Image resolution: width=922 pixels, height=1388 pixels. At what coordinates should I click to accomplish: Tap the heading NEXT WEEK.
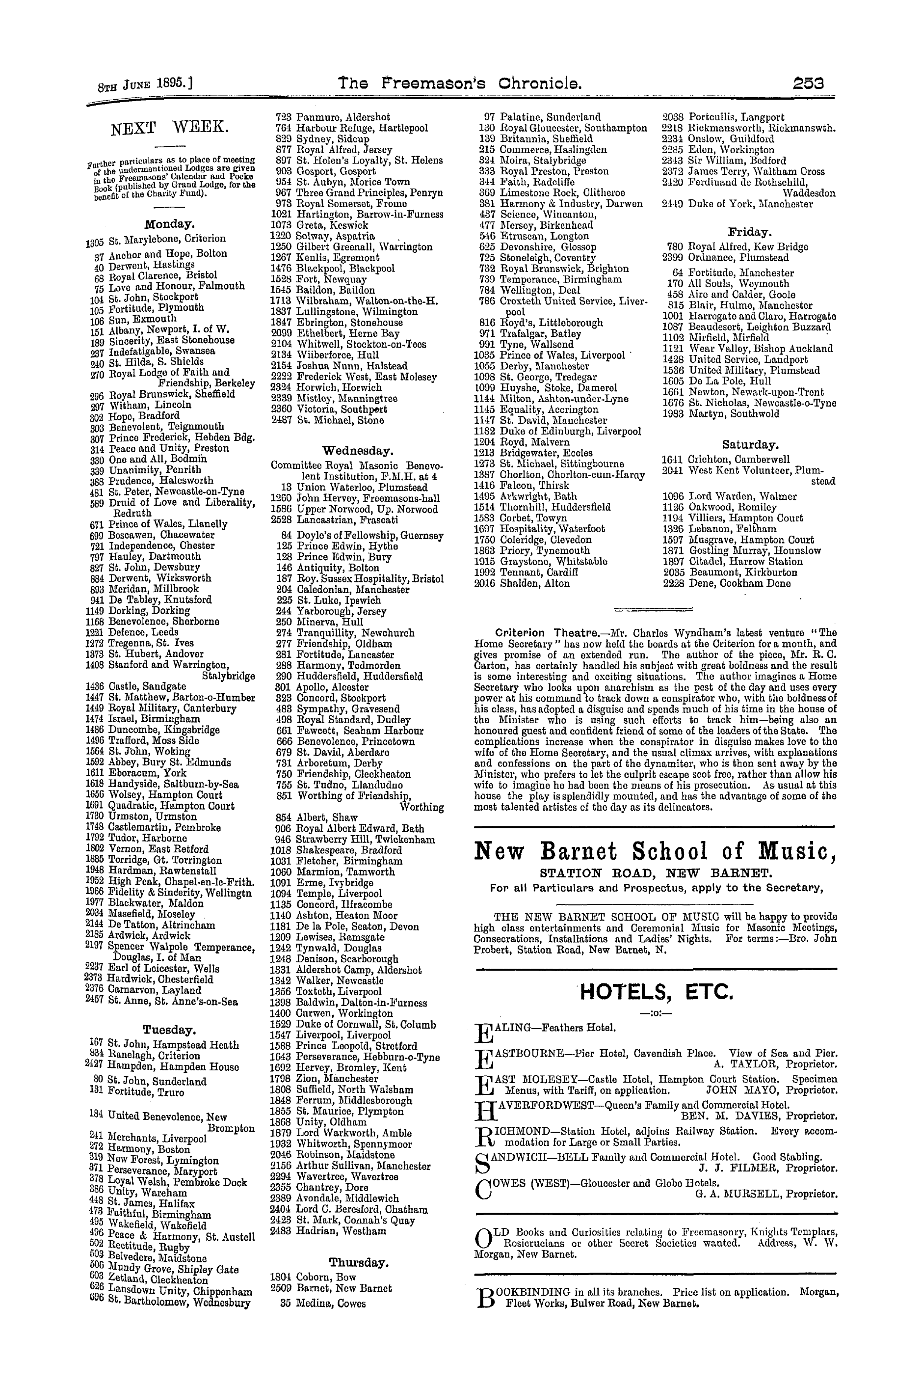coord(169,128)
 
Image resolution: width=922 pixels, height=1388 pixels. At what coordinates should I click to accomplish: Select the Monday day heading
coord(169,224)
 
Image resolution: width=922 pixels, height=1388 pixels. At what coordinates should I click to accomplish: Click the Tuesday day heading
coord(169,1030)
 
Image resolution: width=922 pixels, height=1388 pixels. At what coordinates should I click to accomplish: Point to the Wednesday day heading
coord(357,451)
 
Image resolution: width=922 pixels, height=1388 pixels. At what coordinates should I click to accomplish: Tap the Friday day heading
coord(750,232)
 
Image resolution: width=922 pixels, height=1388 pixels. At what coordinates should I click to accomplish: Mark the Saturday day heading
coord(750,444)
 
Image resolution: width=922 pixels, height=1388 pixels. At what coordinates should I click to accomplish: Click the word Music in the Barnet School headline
coord(797,851)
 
